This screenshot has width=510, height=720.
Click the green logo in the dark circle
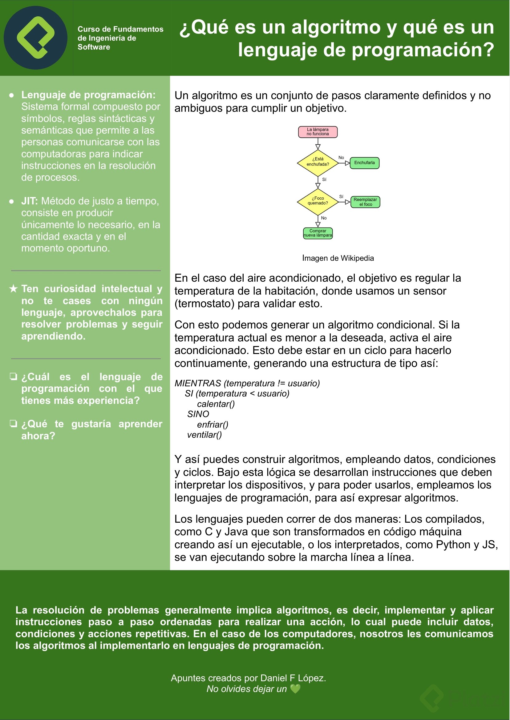click(35, 37)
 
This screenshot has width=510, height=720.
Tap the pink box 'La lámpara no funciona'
click(318, 132)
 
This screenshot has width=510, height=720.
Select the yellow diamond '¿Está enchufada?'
click(318, 163)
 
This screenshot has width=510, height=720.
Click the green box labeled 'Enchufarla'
click(364, 163)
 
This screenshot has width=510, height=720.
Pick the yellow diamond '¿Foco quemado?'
click(318, 202)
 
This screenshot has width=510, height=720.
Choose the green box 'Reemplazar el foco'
click(365, 202)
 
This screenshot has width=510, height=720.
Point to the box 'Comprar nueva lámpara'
click(318, 233)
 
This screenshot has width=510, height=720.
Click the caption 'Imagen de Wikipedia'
click(338, 258)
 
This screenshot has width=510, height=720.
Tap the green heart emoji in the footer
click(295, 689)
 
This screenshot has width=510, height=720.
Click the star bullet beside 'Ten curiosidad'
click(13, 289)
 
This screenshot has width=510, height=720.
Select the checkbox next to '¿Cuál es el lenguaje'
click(13, 377)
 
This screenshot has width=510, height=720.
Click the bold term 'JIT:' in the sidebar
click(30, 201)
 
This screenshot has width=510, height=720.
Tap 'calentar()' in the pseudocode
click(216, 404)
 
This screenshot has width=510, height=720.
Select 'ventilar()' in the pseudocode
click(204, 435)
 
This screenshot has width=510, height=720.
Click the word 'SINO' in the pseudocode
click(198, 414)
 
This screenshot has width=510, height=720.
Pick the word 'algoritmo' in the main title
click(336, 28)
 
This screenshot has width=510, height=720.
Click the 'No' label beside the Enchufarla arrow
click(341, 158)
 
